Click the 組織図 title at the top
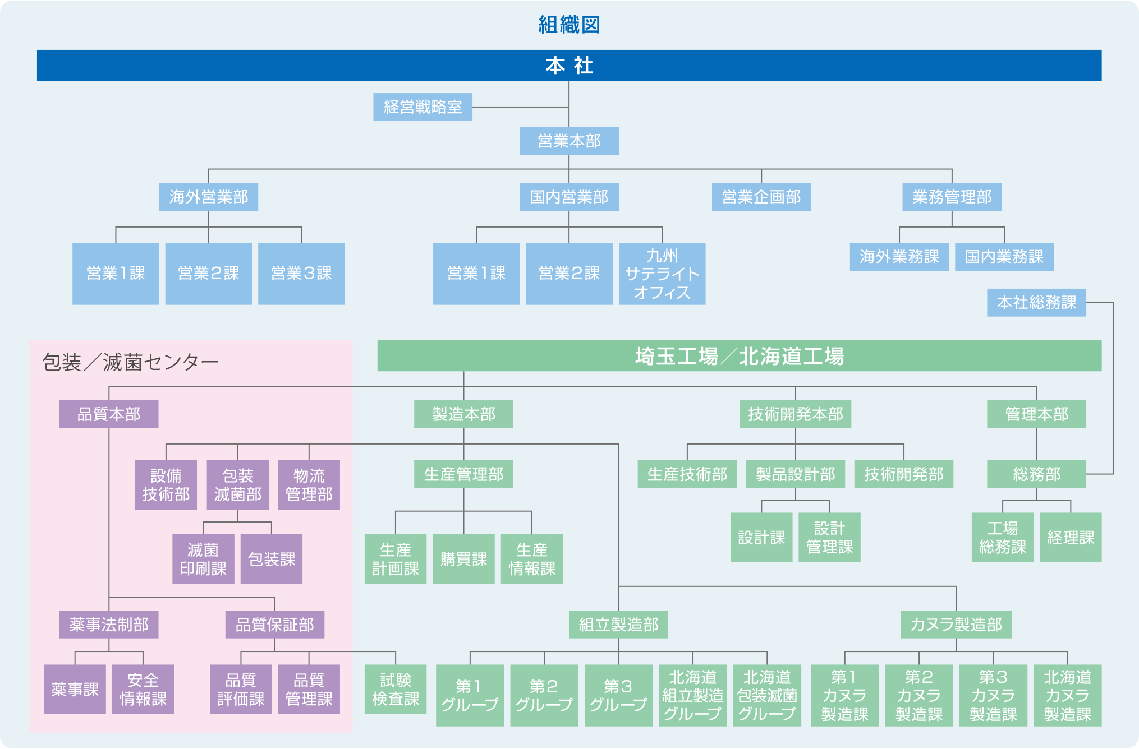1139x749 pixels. [x=569, y=25]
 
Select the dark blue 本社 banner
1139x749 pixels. [x=569, y=65]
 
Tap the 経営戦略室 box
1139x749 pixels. [x=422, y=107]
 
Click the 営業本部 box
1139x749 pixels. [x=569, y=141]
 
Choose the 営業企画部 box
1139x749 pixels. [x=761, y=197]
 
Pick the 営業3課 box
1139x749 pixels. [x=301, y=274]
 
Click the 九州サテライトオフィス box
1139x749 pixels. [x=662, y=274]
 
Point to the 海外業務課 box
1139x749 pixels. [x=899, y=257]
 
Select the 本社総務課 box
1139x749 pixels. [x=1036, y=303]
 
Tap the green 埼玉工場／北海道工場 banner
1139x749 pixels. [x=739, y=356]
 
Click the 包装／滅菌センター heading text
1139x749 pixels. [x=130, y=363]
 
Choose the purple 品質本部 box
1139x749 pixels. [x=109, y=414]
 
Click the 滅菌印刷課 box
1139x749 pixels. [x=203, y=559]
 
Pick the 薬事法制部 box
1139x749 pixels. [x=109, y=625]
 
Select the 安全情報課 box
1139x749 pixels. [x=143, y=690]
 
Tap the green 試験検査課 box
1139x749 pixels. [x=396, y=690]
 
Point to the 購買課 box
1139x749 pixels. [x=463, y=559]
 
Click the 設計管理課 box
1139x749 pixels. [x=829, y=538]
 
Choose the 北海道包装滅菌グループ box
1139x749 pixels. [x=767, y=696]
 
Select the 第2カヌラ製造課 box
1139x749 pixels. [x=918, y=696]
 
